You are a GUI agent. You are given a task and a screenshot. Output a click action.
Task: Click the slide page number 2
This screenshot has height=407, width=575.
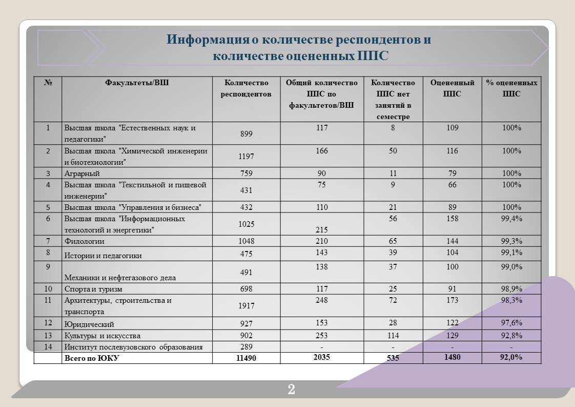291,389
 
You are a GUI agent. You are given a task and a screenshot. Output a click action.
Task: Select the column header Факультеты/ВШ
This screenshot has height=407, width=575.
137,83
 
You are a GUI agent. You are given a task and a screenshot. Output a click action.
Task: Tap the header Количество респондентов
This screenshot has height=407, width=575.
246,88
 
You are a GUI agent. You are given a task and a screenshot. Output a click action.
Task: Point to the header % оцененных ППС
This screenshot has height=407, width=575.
511,88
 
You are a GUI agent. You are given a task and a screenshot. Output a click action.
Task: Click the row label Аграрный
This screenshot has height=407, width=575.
82,173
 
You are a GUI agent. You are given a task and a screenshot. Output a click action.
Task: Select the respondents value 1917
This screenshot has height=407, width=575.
246,305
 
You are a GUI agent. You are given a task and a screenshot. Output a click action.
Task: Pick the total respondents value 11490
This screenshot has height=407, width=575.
246,358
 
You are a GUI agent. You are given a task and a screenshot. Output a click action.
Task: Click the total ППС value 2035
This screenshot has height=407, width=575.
321,357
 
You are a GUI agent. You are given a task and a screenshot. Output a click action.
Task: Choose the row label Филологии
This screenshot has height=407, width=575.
85,241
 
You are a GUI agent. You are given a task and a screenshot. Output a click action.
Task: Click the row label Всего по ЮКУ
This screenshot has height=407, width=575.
92,358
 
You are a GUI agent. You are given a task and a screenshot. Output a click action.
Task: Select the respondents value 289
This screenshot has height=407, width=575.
246,347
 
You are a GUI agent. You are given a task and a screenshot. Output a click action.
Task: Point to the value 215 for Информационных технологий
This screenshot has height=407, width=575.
321,230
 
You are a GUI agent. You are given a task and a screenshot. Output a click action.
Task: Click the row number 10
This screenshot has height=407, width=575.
48,288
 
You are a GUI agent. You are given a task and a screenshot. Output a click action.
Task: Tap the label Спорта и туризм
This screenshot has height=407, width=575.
93,289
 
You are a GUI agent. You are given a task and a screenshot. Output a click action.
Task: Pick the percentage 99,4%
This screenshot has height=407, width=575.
511,219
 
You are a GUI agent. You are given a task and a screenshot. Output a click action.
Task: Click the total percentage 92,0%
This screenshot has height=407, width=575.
511,357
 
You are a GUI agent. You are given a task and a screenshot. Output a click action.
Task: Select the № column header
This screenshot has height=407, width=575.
48,83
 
